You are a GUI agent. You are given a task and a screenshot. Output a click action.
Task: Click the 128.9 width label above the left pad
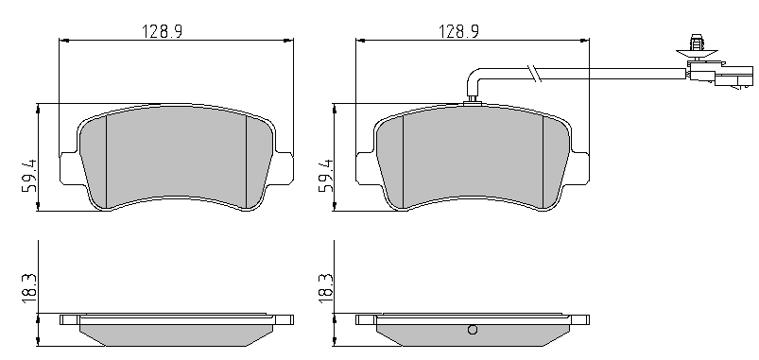[x=162, y=31]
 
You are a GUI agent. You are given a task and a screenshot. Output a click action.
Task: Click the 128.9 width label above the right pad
[x=458, y=31]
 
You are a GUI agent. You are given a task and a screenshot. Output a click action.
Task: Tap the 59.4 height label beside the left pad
[x=29, y=176]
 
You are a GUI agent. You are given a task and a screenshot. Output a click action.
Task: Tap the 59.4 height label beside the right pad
[x=326, y=176]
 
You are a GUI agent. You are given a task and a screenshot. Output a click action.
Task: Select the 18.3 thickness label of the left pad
[x=29, y=288]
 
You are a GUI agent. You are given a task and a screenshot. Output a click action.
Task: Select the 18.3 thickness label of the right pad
[x=326, y=288]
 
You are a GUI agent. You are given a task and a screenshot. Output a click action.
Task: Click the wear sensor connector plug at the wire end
[x=721, y=75]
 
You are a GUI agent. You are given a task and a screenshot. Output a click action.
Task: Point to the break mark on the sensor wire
[x=536, y=74]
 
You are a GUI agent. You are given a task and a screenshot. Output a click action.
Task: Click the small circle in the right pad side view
[x=473, y=330]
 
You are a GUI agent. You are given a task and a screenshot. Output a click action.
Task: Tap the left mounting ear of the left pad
[x=69, y=168]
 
